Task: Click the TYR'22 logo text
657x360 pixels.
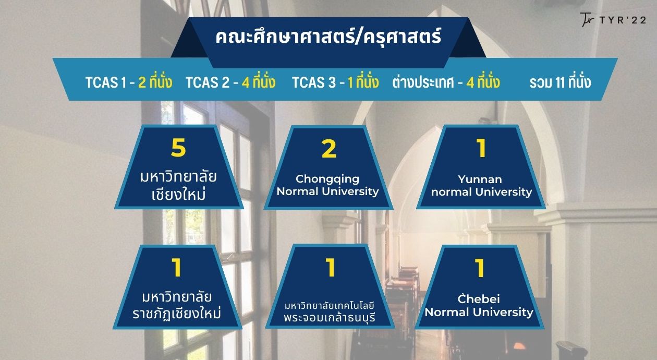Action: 623,20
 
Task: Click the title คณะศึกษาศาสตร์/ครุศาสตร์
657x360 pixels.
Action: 328,37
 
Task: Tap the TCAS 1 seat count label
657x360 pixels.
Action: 129,82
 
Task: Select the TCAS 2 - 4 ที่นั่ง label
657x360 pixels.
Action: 230,82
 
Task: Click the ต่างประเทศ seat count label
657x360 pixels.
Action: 446,82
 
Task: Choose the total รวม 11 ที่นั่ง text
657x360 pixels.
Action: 560,82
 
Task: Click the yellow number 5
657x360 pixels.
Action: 178,147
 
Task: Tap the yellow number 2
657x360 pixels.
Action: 329,149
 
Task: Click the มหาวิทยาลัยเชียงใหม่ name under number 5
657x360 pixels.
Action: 178,185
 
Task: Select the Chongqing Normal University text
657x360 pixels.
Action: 327,185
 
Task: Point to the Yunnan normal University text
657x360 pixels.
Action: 481,186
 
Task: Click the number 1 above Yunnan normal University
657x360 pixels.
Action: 481,148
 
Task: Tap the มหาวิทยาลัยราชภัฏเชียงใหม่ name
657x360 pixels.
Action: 177,305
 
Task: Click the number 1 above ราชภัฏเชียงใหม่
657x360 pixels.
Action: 176,267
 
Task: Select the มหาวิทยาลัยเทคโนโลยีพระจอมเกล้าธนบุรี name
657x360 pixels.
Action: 330,312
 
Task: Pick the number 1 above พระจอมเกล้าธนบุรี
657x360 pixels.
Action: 330,267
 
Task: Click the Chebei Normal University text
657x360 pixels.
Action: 479,306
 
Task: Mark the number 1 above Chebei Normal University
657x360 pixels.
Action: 480,268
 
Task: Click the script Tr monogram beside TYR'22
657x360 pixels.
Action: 587,20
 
